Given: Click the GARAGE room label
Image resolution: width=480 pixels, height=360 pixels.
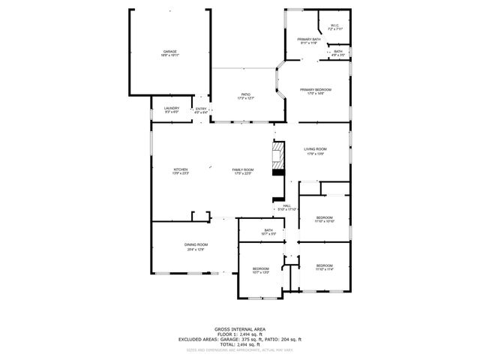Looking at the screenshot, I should pos(170,52).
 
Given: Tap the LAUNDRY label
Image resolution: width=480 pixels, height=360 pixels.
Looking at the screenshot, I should pos(172,109).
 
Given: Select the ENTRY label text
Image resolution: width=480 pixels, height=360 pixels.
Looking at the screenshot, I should pos(201,109).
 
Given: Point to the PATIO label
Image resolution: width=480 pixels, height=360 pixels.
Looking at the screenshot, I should pos(245,94).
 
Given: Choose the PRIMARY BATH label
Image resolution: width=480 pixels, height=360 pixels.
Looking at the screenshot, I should pos(308,39).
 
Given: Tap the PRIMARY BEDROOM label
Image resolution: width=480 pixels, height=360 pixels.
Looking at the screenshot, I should pos(314,90).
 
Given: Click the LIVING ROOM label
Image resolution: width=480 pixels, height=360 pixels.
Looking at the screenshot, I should pos(315,148).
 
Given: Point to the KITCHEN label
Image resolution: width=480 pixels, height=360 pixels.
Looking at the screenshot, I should pos(181,169).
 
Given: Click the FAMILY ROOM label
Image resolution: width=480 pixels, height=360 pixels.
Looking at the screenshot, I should pos(243,169).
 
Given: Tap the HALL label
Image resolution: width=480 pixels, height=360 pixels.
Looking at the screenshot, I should pos(286,205).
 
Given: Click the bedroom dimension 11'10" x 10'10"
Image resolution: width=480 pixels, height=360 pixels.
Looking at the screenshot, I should pos(324,222).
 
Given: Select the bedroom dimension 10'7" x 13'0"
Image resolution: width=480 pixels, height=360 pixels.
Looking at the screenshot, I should pos(260,272).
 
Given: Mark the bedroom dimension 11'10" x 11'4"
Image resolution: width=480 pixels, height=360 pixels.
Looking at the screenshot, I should pos(324,269).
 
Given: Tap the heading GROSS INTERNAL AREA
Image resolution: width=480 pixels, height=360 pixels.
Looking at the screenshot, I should pos(239,328).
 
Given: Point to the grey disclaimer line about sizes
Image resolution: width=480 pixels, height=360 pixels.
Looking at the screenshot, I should pos(239,349).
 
